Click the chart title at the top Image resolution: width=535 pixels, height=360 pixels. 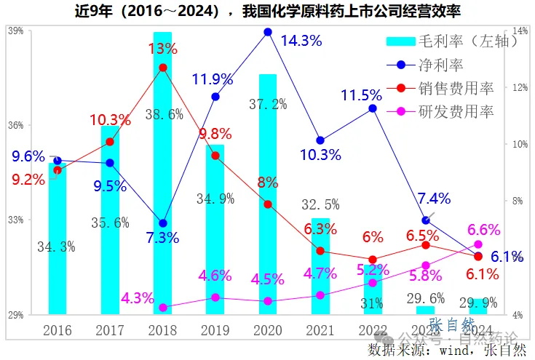coord(267,11)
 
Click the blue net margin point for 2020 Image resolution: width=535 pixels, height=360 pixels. coord(268,32)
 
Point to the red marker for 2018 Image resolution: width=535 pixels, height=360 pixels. coord(163,68)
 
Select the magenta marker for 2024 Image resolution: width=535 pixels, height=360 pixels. coord(478,244)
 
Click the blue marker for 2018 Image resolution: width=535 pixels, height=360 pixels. coord(163,223)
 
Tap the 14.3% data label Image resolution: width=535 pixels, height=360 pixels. coord(301,41)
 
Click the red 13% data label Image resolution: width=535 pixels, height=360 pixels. coord(162,49)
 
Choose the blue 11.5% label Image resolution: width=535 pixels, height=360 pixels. coord(361,95)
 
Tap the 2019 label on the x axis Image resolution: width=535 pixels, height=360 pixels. coord(215,330)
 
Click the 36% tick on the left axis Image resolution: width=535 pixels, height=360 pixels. coord(15,125)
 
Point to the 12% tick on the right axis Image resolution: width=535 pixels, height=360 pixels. coord(520,87)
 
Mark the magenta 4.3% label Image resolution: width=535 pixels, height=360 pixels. coord(138,298)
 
